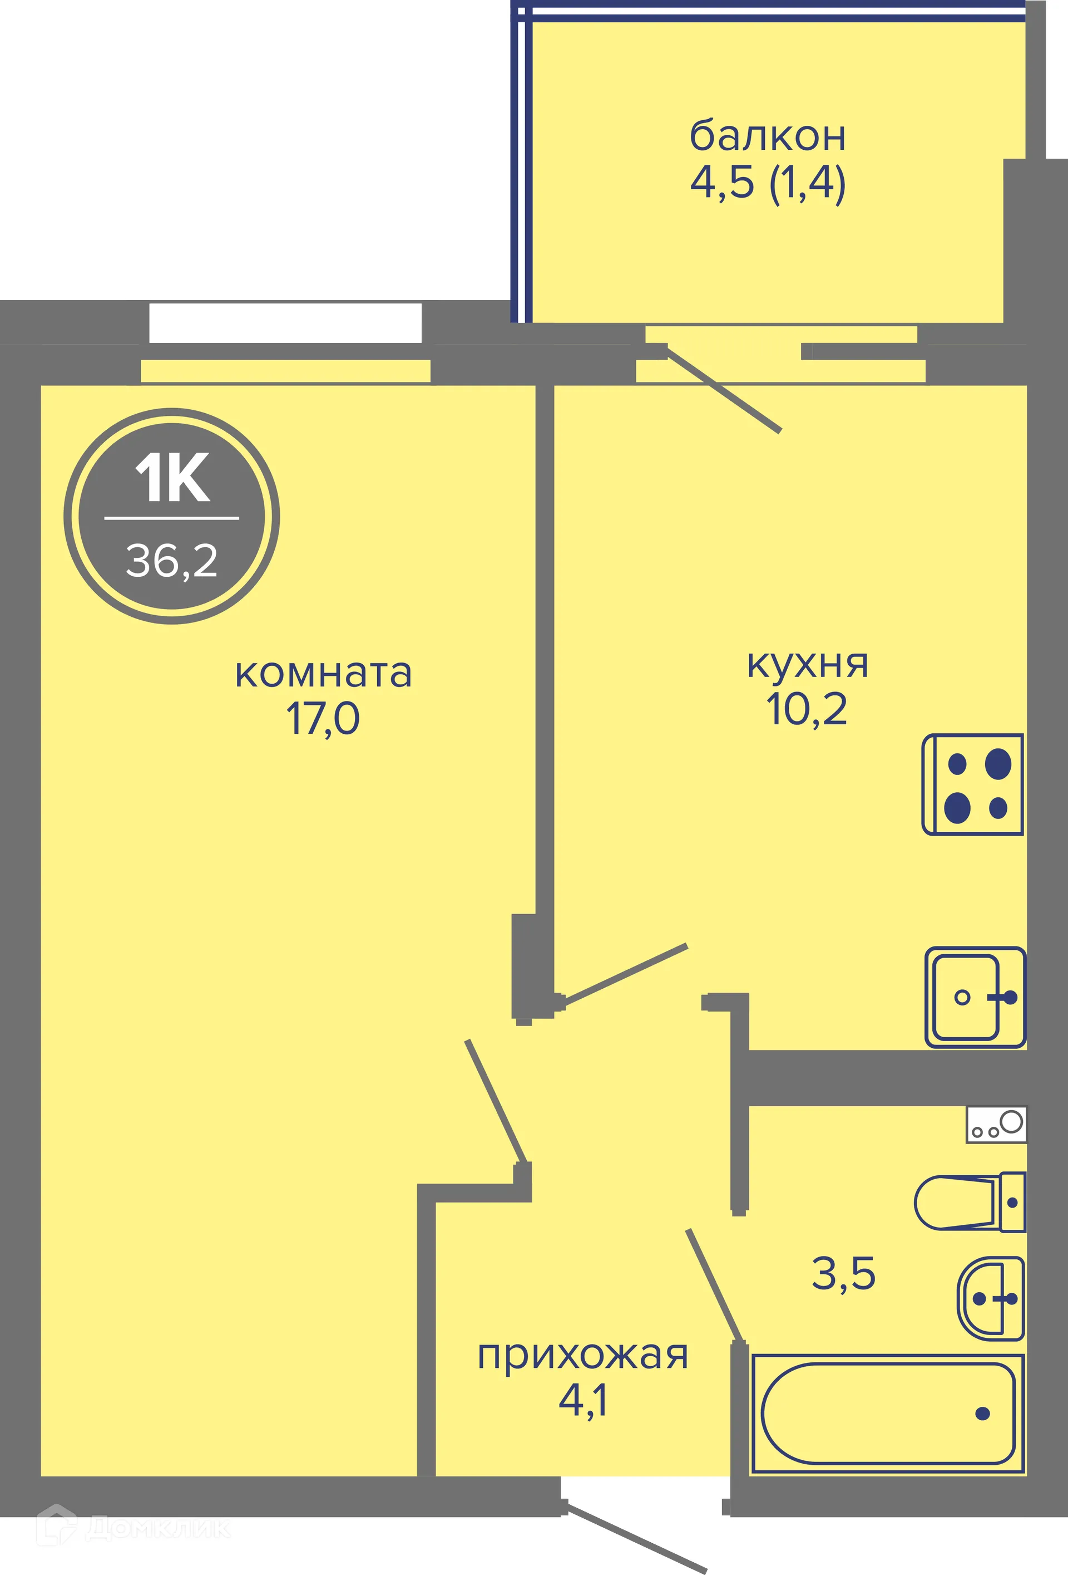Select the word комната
point(323,674)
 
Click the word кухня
point(807,665)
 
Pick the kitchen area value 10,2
point(807,710)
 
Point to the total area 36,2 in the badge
point(172,561)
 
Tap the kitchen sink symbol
point(975,997)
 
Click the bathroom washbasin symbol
point(990,1298)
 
